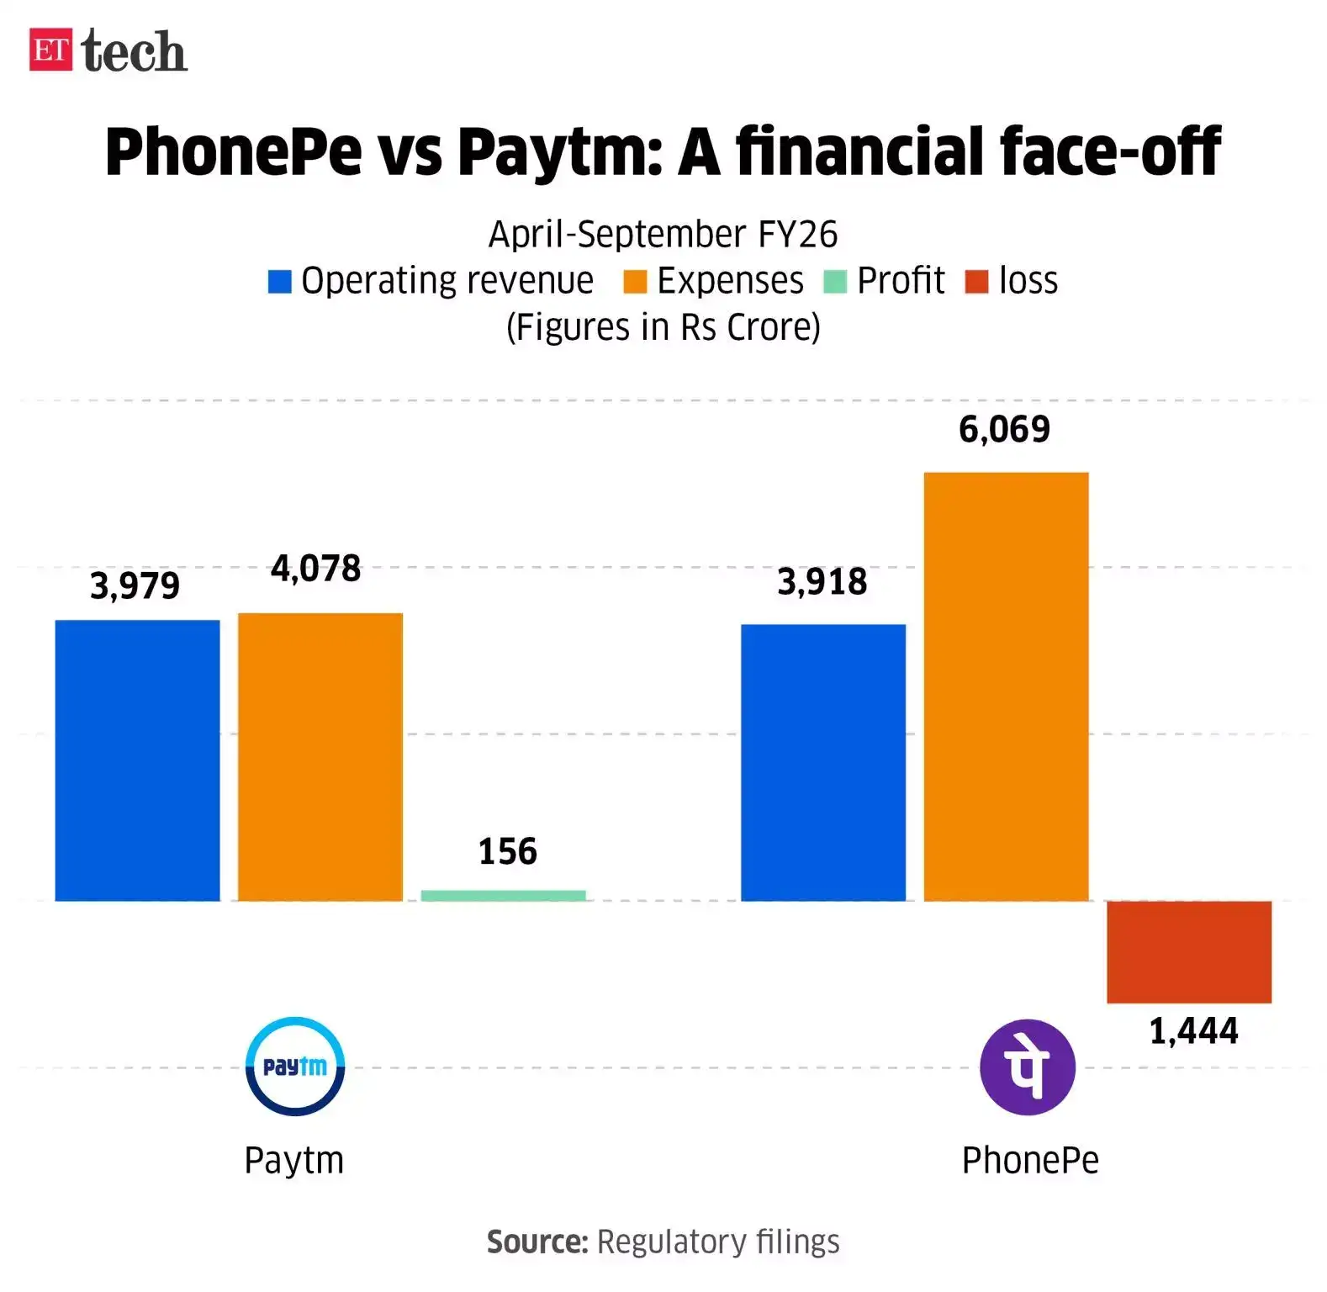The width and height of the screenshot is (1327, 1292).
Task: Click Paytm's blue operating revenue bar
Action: [x=137, y=760]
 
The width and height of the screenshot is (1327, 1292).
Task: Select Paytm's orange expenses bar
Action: [x=320, y=756]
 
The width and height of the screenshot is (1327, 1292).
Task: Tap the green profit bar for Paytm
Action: [x=503, y=895]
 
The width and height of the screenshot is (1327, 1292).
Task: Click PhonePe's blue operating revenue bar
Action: [x=822, y=762]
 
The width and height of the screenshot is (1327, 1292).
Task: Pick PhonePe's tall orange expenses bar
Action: [x=1006, y=686]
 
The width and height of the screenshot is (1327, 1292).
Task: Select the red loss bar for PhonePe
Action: [x=1188, y=951]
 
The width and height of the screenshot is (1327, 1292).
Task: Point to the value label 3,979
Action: [x=135, y=585]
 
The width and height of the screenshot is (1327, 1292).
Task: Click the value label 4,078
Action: [x=315, y=569]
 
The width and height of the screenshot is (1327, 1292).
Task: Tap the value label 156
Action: [x=507, y=851]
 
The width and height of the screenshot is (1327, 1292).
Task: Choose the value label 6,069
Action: [x=1004, y=429]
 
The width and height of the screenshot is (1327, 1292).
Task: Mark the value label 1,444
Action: [x=1193, y=1030]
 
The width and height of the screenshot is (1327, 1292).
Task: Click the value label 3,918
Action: [x=822, y=581]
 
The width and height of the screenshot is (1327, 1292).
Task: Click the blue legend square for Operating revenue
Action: [x=279, y=281]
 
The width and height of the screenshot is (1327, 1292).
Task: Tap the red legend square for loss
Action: [x=975, y=281]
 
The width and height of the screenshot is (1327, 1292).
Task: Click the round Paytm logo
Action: [x=294, y=1066]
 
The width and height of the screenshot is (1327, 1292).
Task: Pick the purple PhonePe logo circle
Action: [x=1027, y=1067]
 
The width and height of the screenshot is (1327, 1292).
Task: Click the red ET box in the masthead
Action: [x=50, y=50]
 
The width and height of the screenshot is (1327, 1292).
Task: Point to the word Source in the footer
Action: [x=537, y=1242]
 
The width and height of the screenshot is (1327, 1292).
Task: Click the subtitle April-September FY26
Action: [x=663, y=234]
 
